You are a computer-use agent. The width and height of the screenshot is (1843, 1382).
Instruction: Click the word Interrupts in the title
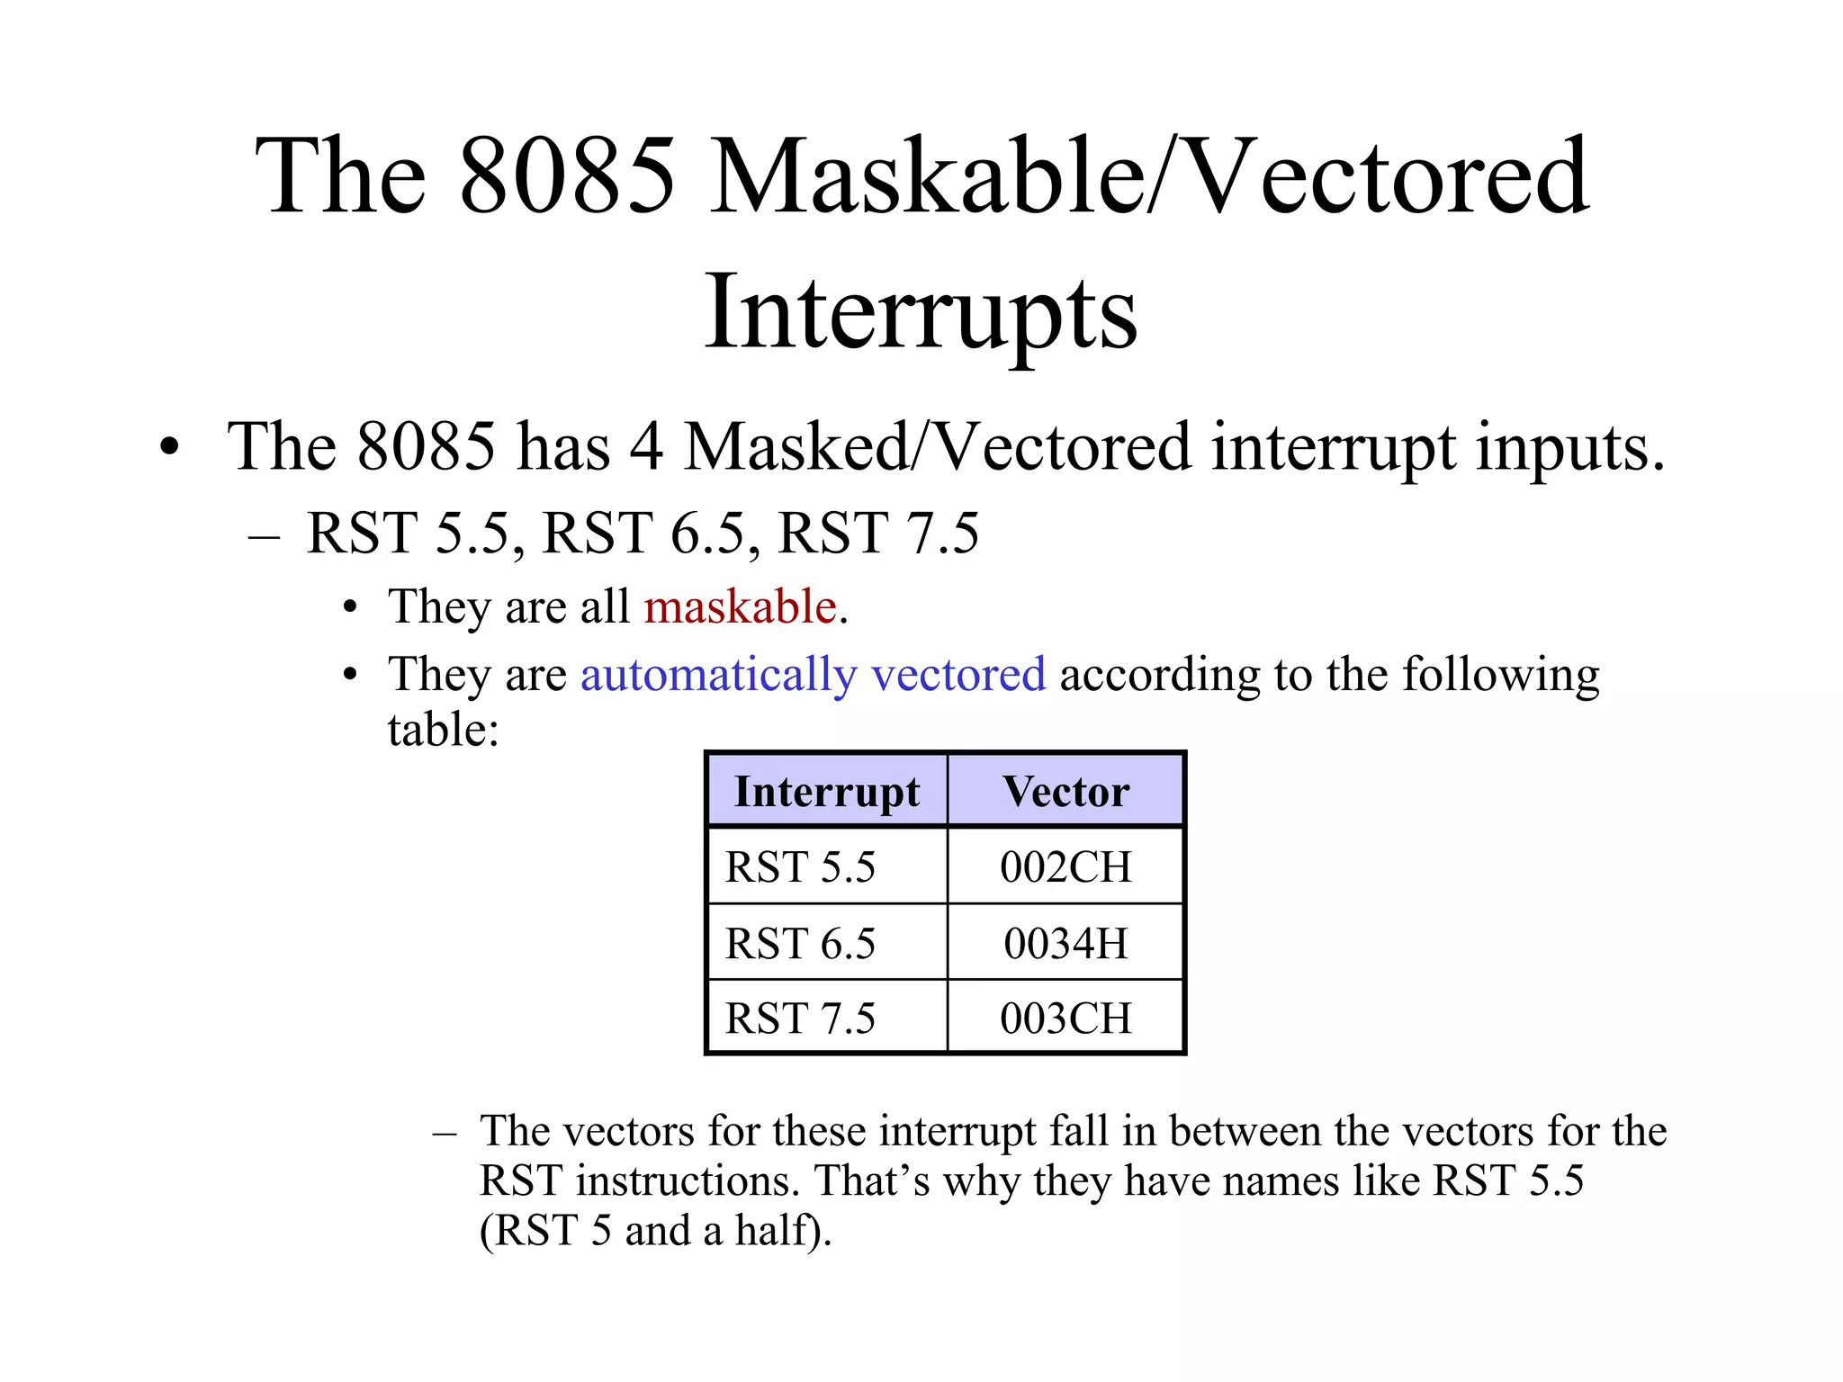point(921,311)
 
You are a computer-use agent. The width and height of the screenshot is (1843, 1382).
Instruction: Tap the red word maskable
point(740,606)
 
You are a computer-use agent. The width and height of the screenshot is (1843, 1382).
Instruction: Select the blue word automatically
point(718,675)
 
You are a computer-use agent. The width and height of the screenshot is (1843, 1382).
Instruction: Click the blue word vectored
point(958,675)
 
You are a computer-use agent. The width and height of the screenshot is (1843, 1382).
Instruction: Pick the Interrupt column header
point(826,792)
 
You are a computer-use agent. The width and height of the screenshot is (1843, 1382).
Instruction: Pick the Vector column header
point(1065,792)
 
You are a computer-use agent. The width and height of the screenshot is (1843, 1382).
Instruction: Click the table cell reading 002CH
point(1065,867)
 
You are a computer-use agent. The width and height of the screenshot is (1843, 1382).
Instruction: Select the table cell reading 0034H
point(1065,944)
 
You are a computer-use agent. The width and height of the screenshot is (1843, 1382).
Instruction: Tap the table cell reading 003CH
point(1065,1019)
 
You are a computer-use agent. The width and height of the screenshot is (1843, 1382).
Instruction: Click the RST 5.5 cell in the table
point(800,867)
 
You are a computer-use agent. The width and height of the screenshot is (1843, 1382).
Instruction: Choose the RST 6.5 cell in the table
point(800,944)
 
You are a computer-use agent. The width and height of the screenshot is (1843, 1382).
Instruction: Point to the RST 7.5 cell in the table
point(800,1019)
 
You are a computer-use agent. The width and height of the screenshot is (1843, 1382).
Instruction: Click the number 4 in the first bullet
point(646,447)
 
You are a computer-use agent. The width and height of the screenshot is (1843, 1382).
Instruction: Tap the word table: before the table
point(443,730)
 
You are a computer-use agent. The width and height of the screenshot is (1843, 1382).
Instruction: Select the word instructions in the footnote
point(688,1180)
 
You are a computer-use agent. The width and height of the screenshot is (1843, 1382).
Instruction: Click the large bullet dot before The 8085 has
point(168,447)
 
